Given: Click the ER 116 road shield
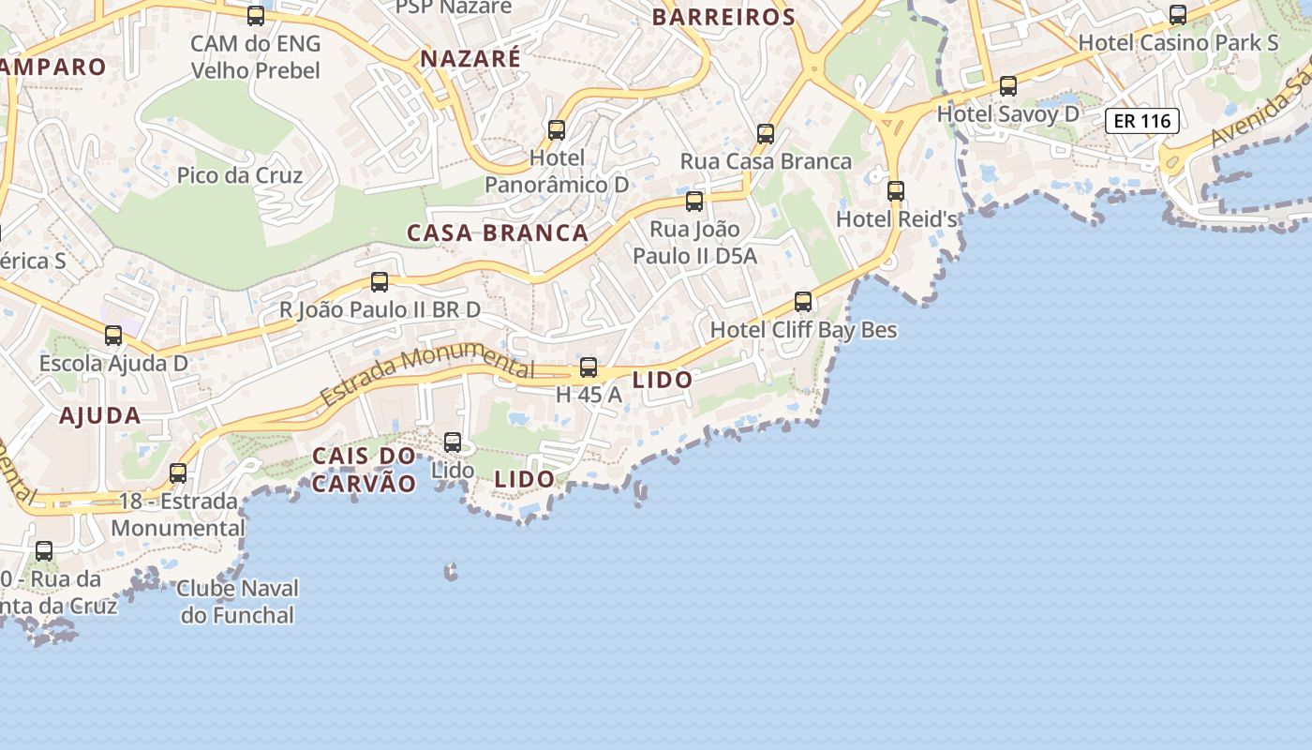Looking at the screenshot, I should (1141, 120).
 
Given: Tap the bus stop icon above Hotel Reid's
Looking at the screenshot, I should (896, 191).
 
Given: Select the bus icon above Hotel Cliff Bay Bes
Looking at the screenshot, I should (803, 302).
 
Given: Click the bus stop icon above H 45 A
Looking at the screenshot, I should (589, 367).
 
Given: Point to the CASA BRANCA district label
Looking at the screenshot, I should (498, 233).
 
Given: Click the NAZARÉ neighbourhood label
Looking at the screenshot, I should (470, 58).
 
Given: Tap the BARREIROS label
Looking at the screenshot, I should (723, 17).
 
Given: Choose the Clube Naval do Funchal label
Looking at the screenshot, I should (237, 602).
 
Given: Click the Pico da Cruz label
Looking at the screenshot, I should (240, 175).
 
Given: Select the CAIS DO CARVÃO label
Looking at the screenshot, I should (364, 470).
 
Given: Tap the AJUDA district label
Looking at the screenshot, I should (100, 415).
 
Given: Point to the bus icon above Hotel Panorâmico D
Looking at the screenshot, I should (557, 129).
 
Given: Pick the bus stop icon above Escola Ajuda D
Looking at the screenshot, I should (113, 335).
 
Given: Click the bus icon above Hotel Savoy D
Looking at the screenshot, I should (1008, 86).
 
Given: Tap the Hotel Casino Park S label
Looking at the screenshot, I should (1178, 42).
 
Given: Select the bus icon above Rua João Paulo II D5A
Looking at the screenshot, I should (694, 201).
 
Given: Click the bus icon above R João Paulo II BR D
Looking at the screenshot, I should (380, 281).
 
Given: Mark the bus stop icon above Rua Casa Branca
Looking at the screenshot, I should (766, 133).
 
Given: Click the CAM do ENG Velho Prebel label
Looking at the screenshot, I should (255, 57).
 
